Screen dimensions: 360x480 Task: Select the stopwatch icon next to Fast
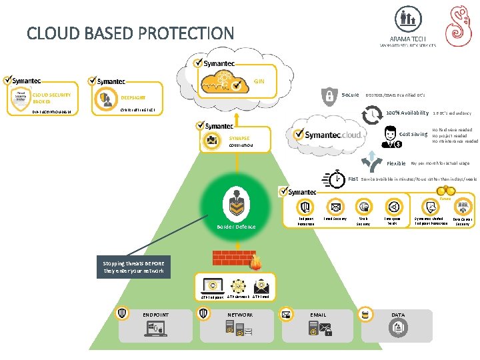[335, 179]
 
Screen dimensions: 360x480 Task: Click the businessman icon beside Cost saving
[389, 135]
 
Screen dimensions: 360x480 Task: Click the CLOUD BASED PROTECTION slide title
[131, 33]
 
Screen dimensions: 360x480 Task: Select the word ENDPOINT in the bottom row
[156, 314]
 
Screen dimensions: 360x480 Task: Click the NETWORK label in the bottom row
[240, 314]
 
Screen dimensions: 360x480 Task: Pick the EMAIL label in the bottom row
[319, 314]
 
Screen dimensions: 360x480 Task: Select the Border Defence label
[236, 227]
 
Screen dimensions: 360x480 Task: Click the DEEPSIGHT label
[134, 97]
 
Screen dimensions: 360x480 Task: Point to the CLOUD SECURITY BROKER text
[51, 98]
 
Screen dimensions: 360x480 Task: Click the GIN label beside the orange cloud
[258, 81]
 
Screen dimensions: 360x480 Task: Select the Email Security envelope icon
[335, 207]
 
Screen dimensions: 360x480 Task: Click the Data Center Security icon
[463, 207]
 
